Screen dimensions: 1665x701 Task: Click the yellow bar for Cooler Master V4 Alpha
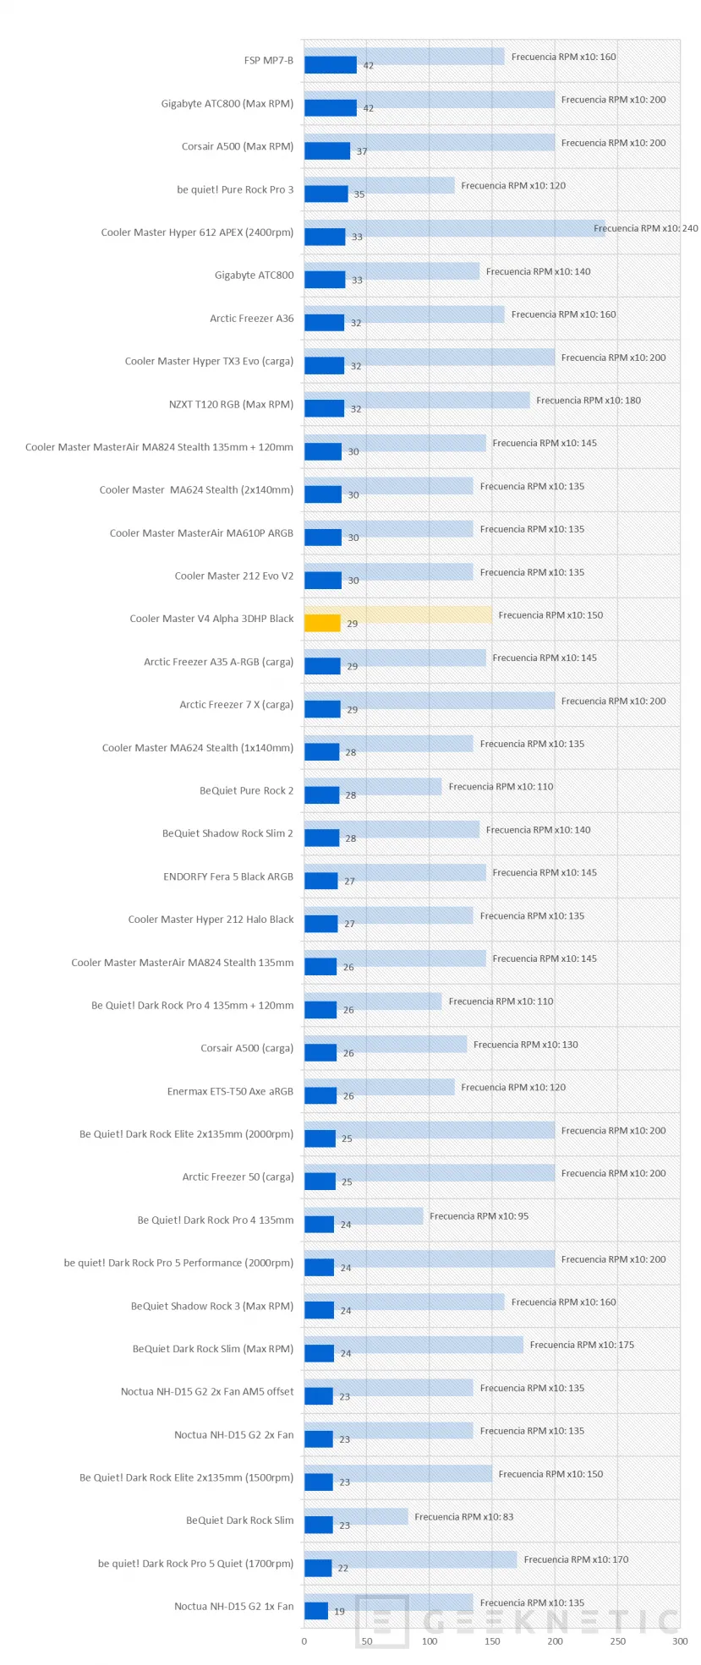coord(322,623)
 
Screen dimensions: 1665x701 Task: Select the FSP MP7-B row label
coord(268,61)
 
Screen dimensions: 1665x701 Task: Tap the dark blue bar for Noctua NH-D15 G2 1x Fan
coord(316,1611)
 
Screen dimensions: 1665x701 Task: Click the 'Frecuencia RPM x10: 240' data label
coord(646,228)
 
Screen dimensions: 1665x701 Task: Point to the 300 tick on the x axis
coord(680,1641)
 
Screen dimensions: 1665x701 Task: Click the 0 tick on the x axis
coord(304,1641)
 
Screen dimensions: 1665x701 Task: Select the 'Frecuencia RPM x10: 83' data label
coord(463,1517)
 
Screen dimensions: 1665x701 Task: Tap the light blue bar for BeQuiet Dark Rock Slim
coord(372,1516)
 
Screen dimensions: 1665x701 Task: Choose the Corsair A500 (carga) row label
coord(247,1048)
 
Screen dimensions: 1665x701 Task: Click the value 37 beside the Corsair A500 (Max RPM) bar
coord(362,151)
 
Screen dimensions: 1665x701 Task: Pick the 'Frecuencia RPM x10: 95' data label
coord(479,1216)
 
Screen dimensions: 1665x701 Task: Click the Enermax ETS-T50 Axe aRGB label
coord(230,1091)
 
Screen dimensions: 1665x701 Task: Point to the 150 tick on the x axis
coord(492,1641)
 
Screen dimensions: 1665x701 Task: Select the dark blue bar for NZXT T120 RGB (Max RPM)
coord(324,409)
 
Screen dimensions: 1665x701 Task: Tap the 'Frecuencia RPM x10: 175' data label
coord(582,1345)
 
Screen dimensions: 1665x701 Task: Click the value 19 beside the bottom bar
coord(339,1612)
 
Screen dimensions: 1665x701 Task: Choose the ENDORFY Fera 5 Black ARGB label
coord(228,876)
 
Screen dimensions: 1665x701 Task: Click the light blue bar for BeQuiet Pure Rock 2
coord(389,786)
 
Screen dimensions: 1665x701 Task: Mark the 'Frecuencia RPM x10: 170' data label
coord(576,1559)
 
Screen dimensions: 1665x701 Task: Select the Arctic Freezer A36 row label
coord(252,319)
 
